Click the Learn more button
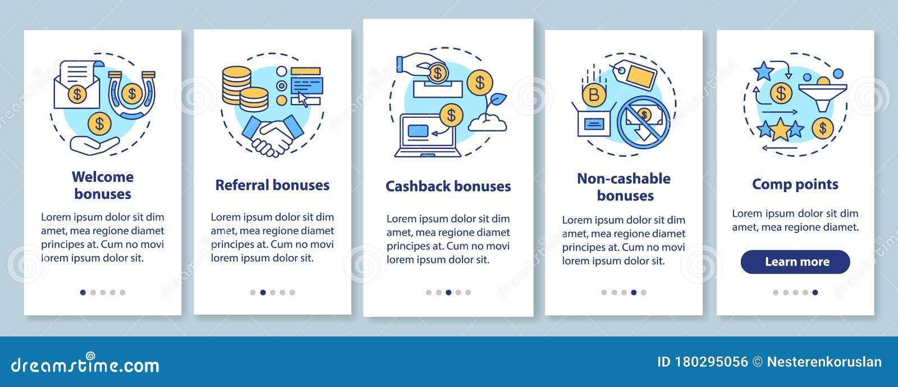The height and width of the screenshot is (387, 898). coord(795,262)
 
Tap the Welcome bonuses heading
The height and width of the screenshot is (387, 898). coord(103,185)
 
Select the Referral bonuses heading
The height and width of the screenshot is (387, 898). coord(272,185)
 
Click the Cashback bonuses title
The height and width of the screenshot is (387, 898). coord(448,186)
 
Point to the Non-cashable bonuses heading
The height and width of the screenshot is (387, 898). coord(624,187)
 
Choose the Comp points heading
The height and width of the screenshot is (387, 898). coord(795,184)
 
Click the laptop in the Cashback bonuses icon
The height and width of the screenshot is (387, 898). coord(427,135)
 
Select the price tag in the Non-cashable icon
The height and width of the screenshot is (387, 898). coord(635,74)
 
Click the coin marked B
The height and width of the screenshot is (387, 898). coord(594,95)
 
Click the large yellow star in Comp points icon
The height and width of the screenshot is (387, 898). coord(780,129)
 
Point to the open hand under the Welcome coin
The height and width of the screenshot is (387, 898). coord(95,145)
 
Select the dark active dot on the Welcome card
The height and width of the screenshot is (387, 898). coord(83,292)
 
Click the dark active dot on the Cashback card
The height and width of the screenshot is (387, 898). coord(448,292)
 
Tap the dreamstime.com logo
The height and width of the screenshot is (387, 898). coord(85,363)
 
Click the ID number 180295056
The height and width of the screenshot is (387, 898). coord(711,362)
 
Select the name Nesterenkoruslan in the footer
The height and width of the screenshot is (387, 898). coord(824,362)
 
